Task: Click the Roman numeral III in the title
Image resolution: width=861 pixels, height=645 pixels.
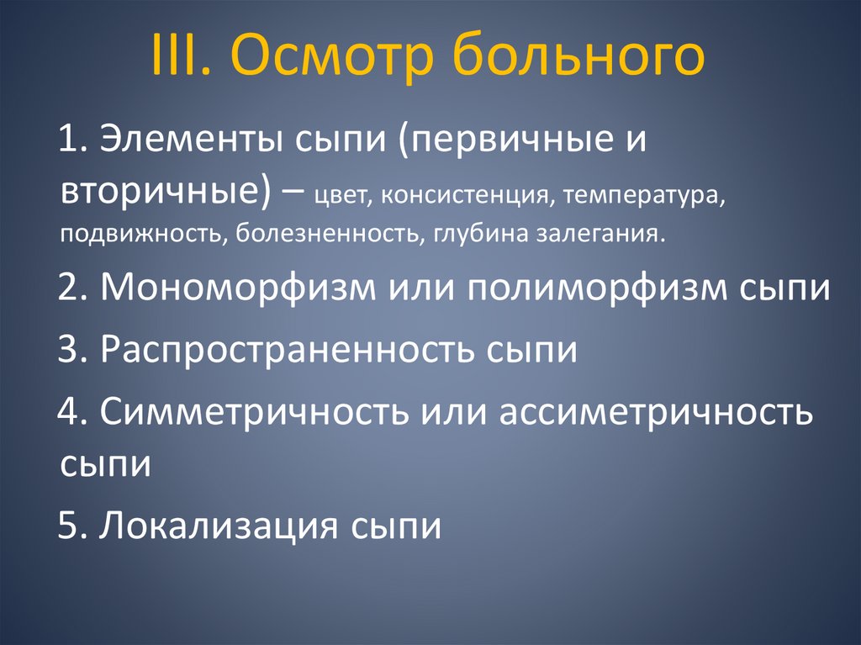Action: coord(178,56)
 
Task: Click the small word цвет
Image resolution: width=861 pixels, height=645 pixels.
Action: coord(346,196)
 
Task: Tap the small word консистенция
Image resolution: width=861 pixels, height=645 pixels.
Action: coord(461,196)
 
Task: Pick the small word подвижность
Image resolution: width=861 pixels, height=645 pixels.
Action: coord(138,233)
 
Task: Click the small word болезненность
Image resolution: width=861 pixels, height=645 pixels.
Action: coord(331,233)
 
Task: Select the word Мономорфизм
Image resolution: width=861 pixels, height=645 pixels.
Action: coord(237,288)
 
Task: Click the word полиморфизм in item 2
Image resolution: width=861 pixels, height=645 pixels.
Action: coord(590,288)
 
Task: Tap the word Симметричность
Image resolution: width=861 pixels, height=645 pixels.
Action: coord(254,412)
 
